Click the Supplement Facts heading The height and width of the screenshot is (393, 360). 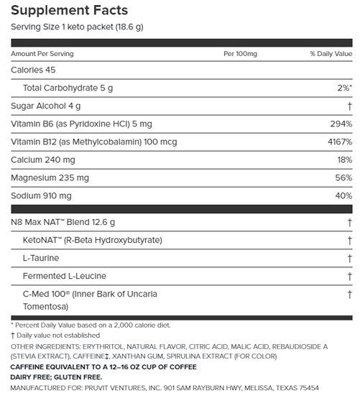(x=69, y=11)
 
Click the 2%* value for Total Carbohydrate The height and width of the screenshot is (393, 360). (x=341, y=88)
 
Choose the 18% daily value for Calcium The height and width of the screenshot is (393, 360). (x=343, y=159)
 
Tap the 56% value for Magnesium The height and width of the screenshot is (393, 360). (x=343, y=177)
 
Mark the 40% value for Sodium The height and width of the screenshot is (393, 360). (x=343, y=195)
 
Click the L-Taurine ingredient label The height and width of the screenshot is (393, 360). (x=41, y=257)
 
